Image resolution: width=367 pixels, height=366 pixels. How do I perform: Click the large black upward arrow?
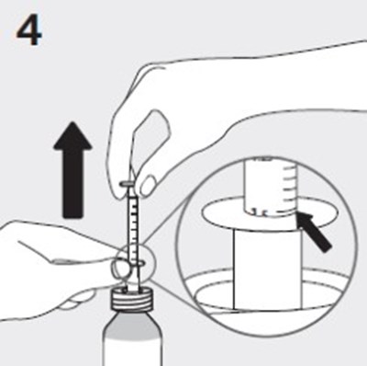pos(72,170)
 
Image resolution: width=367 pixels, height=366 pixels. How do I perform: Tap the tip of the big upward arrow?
pos(72,122)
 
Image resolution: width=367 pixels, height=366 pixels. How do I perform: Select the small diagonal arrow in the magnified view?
pos(314,232)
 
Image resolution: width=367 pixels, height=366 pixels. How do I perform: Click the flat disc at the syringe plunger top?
pos(128,183)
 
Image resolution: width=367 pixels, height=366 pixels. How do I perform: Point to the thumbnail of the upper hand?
pos(148,186)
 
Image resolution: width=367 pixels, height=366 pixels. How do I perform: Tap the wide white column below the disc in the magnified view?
pos(267,269)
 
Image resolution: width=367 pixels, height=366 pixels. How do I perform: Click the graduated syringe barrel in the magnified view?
pos(270,188)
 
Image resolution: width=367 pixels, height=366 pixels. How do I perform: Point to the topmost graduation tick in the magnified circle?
pos(292,167)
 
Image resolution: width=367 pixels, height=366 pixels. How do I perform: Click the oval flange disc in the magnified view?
pos(269,214)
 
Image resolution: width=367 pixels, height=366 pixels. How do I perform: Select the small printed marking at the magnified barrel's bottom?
pos(259,211)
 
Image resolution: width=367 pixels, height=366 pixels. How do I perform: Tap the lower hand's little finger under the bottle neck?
pos(80,300)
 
